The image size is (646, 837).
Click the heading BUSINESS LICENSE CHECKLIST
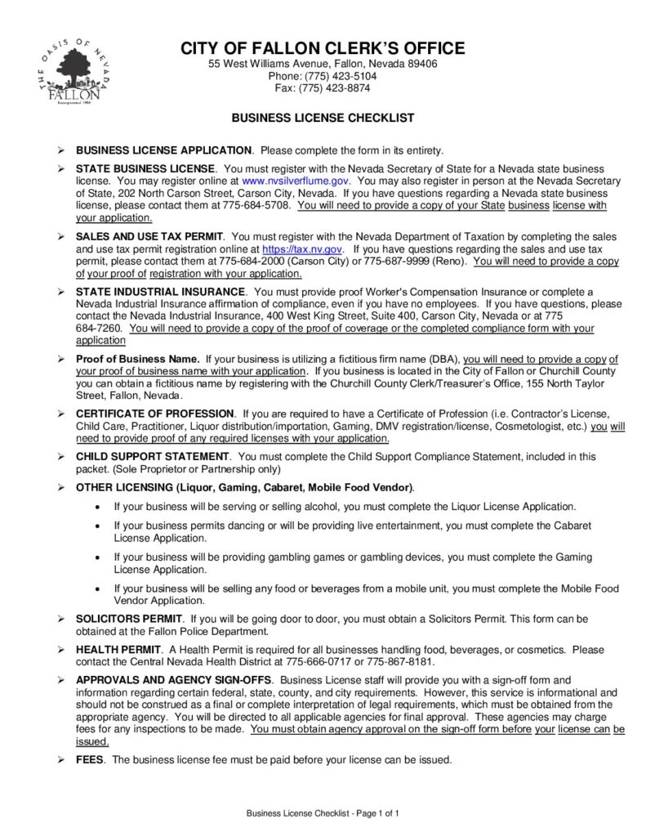(x=323, y=118)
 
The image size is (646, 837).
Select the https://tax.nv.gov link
(x=303, y=248)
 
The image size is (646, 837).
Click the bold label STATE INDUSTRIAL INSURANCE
(x=161, y=291)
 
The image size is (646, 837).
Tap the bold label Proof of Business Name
(x=137, y=359)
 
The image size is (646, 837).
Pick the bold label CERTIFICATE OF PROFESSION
(x=155, y=414)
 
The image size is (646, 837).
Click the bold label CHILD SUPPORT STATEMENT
(x=153, y=456)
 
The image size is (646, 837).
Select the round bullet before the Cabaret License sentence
(x=98, y=526)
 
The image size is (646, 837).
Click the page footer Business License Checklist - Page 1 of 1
(x=323, y=813)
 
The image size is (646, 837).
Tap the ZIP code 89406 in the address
(x=420, y=64)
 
